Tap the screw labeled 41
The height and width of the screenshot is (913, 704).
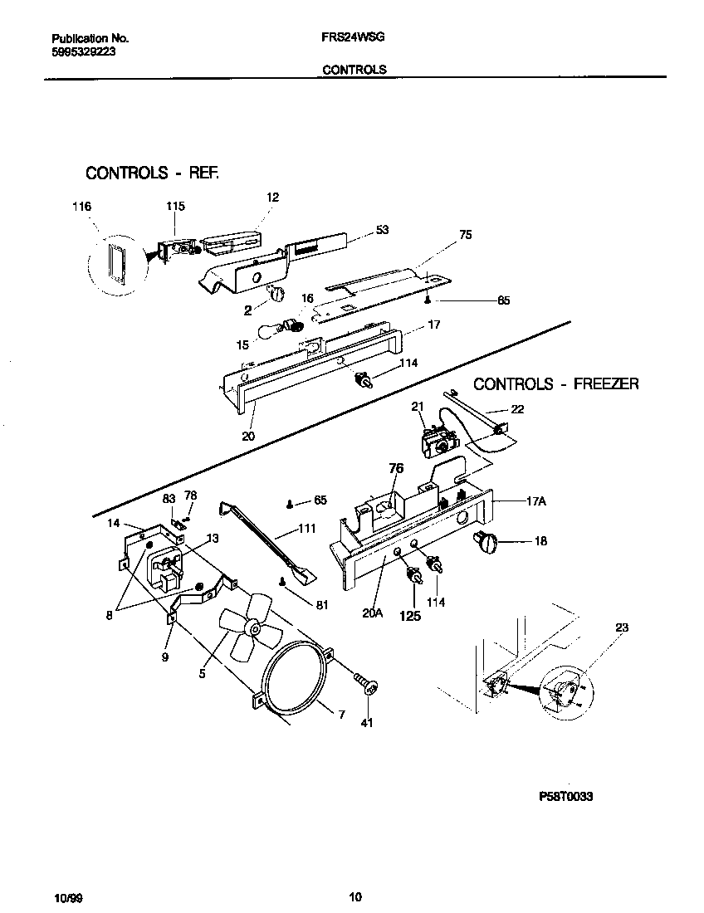click(366, 686)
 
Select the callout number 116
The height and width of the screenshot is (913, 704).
click(81, 206)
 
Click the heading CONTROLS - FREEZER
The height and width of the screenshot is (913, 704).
click(555, 383)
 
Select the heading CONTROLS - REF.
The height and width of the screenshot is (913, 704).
click(152, 173)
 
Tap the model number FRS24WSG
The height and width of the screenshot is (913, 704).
click(352, 38)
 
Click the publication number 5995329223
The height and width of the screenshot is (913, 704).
click(83, 51)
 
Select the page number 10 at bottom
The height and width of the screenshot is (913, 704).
click(354, 896)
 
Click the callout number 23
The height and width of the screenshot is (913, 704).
click(622, 627)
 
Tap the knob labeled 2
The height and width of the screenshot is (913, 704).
click(277, 293)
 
